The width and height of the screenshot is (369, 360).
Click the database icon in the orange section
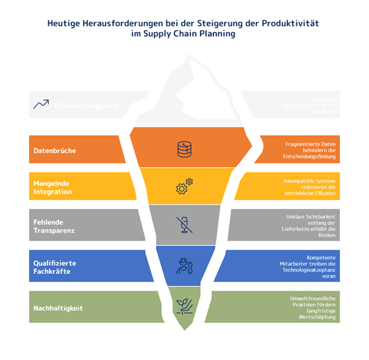(x=184, y=148)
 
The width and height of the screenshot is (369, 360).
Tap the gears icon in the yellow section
(x=184, y=186)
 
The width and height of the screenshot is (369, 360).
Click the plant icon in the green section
(x=184, y=305)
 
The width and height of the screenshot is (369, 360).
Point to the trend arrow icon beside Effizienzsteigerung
(x=41, y=105)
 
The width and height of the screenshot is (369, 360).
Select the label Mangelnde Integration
(x=53, y=187)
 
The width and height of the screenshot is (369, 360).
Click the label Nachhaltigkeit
(x=59, y=308)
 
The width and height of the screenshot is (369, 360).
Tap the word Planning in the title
(x=218, y=34)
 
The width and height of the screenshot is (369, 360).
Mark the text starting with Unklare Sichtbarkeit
(x=310, y=226)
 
